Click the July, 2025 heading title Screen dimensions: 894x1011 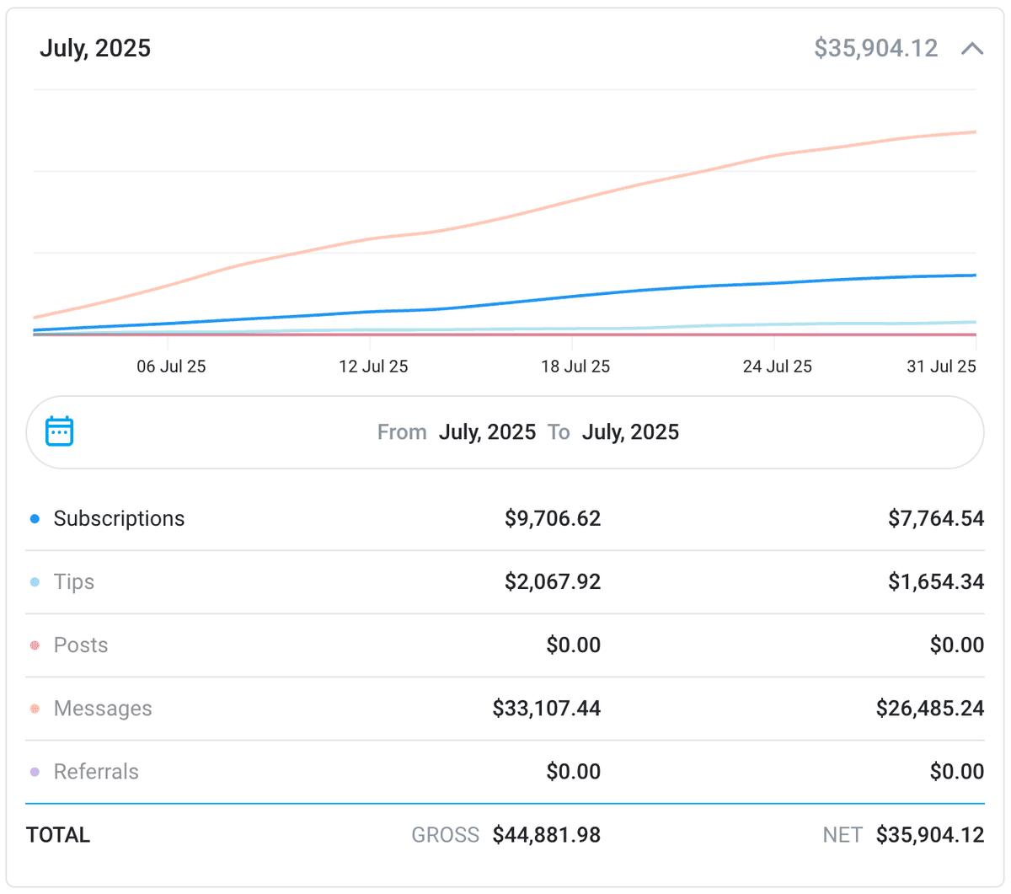tap(95, 48)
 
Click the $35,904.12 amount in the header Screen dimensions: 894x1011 tap(875, 48)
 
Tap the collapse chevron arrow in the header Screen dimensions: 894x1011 tap(972, 49)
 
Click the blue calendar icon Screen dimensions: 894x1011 tap(59, 431)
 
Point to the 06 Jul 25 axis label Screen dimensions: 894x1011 tap(171, 367)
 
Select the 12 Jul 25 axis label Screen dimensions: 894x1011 tap(373, 367)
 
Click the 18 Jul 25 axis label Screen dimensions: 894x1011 tap(575, 367)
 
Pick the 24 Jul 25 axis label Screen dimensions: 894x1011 tap(777, 367)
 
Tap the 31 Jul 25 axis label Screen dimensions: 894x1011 tap(941, 367)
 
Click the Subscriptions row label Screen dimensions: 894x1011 tap(119, 518)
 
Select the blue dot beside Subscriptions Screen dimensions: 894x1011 tap(35, 519)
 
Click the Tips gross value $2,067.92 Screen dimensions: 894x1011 tap(553, 581)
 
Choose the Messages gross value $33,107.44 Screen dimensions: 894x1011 tap(547, 708)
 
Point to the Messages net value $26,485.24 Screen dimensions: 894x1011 tap(929, 708)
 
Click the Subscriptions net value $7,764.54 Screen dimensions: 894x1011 tap(935, 518)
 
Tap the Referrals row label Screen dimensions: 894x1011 tap(96, 771)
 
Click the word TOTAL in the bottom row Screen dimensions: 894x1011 tap(58, 835)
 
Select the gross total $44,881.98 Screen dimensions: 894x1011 tap(547, 835)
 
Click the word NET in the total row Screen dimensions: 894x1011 tap(842, 835)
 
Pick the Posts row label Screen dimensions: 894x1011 tap(81, 645)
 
